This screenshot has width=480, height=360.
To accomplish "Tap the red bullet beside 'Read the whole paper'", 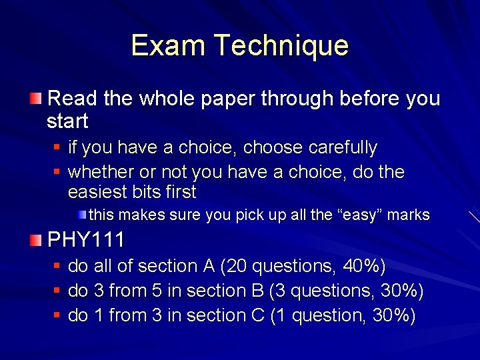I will click(x=35, y=99).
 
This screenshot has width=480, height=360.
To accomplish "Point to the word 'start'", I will click(x=67, y=121).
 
